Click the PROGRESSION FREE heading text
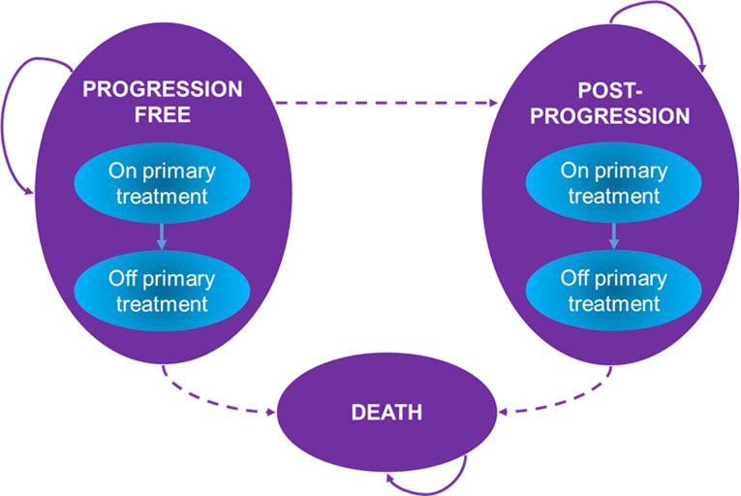pos(163,101)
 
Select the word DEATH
pos(386,413)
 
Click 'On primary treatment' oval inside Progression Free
pos(163,183)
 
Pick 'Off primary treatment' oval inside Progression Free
pos(163,291)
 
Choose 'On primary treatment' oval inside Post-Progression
pos(613,183)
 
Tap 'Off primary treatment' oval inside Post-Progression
pos(613,291)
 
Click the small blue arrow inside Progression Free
pos(163,236)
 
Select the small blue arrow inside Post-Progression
pos(613,236)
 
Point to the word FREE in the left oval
pos(163,112)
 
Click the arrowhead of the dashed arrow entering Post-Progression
pos(491,102)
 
